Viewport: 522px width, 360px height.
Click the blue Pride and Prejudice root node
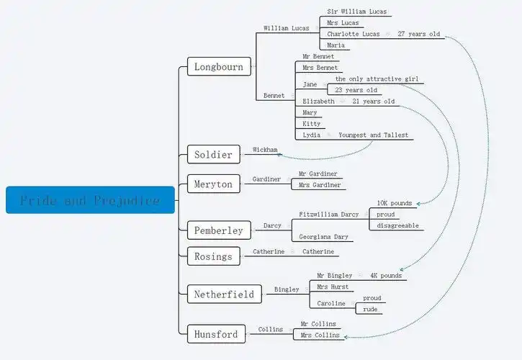[90, 200]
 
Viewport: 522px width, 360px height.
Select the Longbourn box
[219, 67]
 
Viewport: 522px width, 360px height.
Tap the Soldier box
[213, 154]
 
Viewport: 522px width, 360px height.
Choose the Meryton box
[213, 184]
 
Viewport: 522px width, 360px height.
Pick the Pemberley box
[219, 230]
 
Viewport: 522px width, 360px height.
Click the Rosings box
[213, 256]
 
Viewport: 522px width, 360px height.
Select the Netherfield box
[224, 294]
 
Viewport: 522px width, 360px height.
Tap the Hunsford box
[215, 333]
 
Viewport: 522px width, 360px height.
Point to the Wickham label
[265, 150]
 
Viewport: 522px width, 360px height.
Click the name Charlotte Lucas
[353, 34]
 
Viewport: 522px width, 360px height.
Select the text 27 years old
[418, 34]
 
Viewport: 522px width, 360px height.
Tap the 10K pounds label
[395, 203]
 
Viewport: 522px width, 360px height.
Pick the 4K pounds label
[386, 275]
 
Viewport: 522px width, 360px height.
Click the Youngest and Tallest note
[373, 135]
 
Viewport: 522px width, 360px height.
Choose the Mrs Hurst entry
[333, 287]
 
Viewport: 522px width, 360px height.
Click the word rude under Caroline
[371, 310]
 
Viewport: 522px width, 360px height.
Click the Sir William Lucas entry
[356, 12]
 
